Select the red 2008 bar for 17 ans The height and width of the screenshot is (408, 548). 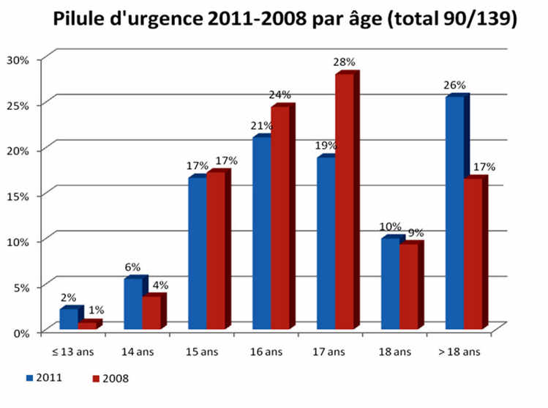[345, 201]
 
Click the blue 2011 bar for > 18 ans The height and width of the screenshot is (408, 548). [454, 212]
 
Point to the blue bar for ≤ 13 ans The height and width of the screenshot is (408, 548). [69, 319]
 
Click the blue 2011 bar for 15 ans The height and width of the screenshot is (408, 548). [197, 253]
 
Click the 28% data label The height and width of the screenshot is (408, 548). [346, 62]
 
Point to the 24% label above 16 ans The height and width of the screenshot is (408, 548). [282, 94]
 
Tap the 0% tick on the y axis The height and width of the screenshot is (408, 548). [20, 333]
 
